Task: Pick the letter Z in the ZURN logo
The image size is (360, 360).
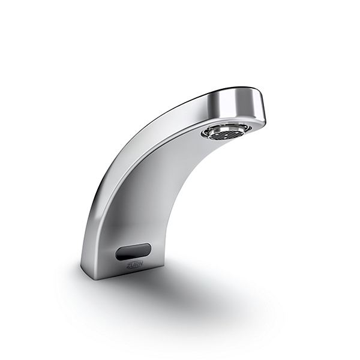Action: tap(129, 265)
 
